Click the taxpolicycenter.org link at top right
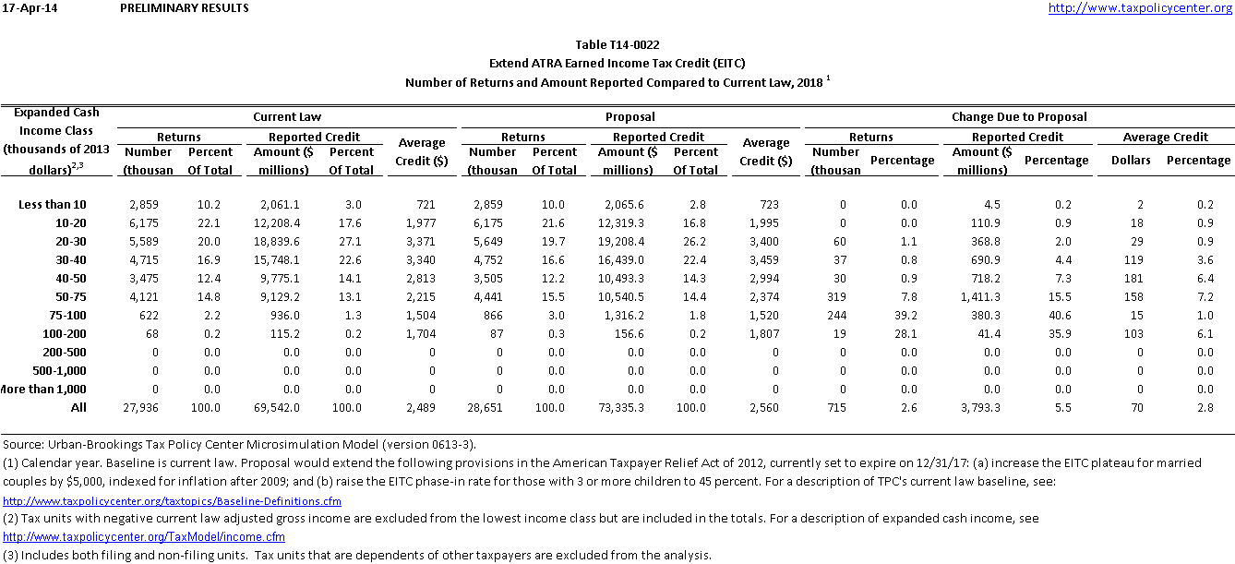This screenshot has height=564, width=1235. tap(1140, 8)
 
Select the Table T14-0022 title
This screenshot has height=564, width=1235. tap(617, 44)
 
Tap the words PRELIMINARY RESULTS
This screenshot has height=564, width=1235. tap(185, 8)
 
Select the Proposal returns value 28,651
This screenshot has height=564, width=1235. tap(498, 407)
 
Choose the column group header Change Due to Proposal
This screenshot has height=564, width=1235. tap(1019, 117)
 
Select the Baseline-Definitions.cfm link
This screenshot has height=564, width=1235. tap(173, 501)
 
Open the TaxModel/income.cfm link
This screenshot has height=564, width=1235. tap(144, 536)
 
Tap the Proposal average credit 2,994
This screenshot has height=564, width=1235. tap(765, 278)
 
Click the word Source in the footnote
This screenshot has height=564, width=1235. tap(23, 444)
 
